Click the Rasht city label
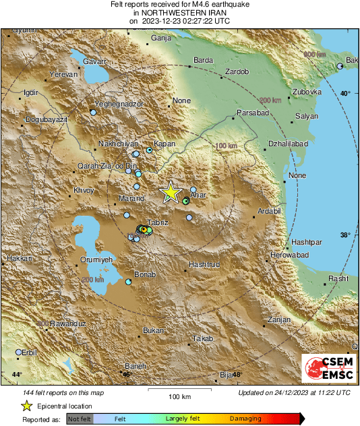coord(338,278)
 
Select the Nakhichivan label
coord(118,144)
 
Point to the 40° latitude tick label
coord(344,94)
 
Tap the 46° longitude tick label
coord(126,374)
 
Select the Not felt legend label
coord(80,419)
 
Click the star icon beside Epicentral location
coord(26,406)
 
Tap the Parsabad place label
coord(252,113)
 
